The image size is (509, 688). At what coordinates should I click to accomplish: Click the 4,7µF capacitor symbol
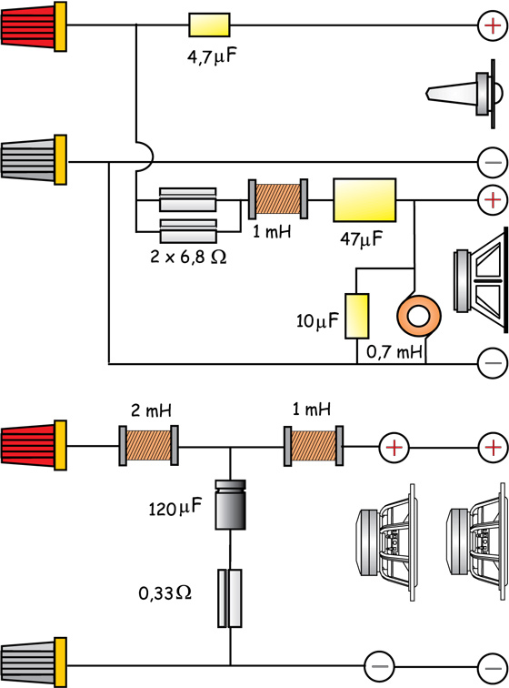click(209, 25)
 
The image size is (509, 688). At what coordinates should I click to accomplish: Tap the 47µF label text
click(361, 239)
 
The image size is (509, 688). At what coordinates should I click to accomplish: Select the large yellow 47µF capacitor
click(364, 200)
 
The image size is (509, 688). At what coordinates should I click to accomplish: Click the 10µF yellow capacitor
click(356, 316)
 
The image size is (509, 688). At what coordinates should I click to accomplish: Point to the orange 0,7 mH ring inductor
click(419, 316)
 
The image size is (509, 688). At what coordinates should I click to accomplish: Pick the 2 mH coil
click(149, 445)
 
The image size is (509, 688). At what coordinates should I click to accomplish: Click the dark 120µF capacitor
click(230, 504)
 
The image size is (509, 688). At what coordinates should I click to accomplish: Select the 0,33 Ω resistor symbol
click(230, 598)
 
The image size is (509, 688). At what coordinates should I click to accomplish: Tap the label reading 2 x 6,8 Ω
click(188, 257)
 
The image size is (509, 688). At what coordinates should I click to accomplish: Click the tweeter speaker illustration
click(464, 94)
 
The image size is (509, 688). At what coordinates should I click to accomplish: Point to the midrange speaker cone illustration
click(481, 282)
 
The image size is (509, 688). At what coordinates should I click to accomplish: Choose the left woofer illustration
click(386, 542)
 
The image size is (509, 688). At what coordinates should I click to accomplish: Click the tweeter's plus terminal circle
click(493, 25)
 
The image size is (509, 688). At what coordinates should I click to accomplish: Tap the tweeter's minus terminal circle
click(493, 162)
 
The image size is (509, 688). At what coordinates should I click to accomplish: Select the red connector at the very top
click(34, 26)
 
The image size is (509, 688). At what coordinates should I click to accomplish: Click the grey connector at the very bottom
click(34, 663)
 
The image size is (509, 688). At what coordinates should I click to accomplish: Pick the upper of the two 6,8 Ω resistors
click(187, 200)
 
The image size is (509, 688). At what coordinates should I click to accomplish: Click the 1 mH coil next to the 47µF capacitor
click(278, 198)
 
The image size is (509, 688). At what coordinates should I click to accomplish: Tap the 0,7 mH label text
click(394, 351)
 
